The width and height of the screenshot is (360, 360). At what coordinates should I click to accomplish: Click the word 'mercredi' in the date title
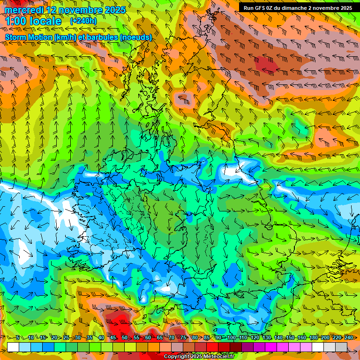click(23, 10)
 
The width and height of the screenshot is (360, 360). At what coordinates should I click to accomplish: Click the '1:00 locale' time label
click(33, 21)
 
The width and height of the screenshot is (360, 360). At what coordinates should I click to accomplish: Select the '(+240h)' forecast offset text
click(83, 21)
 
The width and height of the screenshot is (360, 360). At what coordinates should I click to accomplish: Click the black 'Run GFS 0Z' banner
click(296, 7)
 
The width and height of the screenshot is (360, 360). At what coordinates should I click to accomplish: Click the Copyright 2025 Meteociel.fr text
click(199, 357)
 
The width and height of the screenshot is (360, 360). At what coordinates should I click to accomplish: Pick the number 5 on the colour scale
click(18, 338)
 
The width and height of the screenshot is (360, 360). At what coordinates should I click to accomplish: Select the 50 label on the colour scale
click(124, 338)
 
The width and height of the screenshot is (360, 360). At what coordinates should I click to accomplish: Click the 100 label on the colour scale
click(231, 338)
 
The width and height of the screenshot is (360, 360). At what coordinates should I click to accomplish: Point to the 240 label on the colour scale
click(348, 338)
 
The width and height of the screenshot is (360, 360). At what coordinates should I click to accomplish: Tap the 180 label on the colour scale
click(313, 338)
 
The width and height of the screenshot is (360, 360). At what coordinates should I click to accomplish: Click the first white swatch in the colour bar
click(13, 346)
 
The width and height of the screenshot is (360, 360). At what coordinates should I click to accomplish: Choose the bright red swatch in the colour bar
click(212, 346)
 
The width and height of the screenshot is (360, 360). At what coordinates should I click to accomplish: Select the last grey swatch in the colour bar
click(341, 346)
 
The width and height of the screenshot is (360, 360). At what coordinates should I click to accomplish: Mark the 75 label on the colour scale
click(183, 338)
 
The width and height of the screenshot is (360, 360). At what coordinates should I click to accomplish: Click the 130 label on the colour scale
click(266, 338)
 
